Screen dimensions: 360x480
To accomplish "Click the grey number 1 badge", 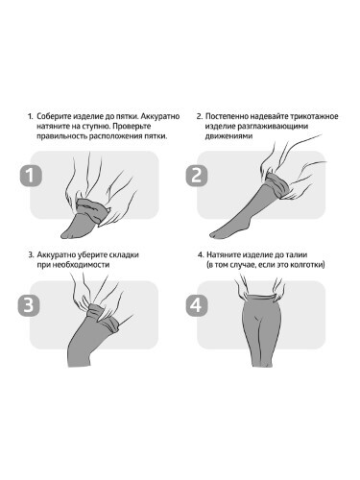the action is click(x=31, y=176).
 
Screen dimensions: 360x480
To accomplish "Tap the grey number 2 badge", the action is click(x=197, y=176).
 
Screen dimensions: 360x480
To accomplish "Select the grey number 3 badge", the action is click(x=29, y=304).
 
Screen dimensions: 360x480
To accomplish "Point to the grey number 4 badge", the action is click(x=197, y=304).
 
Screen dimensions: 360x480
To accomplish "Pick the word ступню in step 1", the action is click(x=97, y=126).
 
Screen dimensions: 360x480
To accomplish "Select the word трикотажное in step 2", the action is click(x=316, y=116).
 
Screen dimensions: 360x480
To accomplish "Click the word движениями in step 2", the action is click(x=228, y=136).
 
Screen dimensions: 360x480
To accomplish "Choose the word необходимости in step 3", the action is click(x=82, y=265).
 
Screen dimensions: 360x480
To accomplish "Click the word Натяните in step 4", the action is click(x=224, y=255).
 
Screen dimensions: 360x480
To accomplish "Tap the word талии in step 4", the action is click(x=298, y=255).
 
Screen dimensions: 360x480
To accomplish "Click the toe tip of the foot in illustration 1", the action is click(x=62, y=236).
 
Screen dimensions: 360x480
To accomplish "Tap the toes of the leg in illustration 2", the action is click(x=214, y=235).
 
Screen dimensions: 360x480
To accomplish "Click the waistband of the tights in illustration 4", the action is click(x=259, y=299).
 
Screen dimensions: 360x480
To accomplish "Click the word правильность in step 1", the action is click(x=61, y=136).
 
